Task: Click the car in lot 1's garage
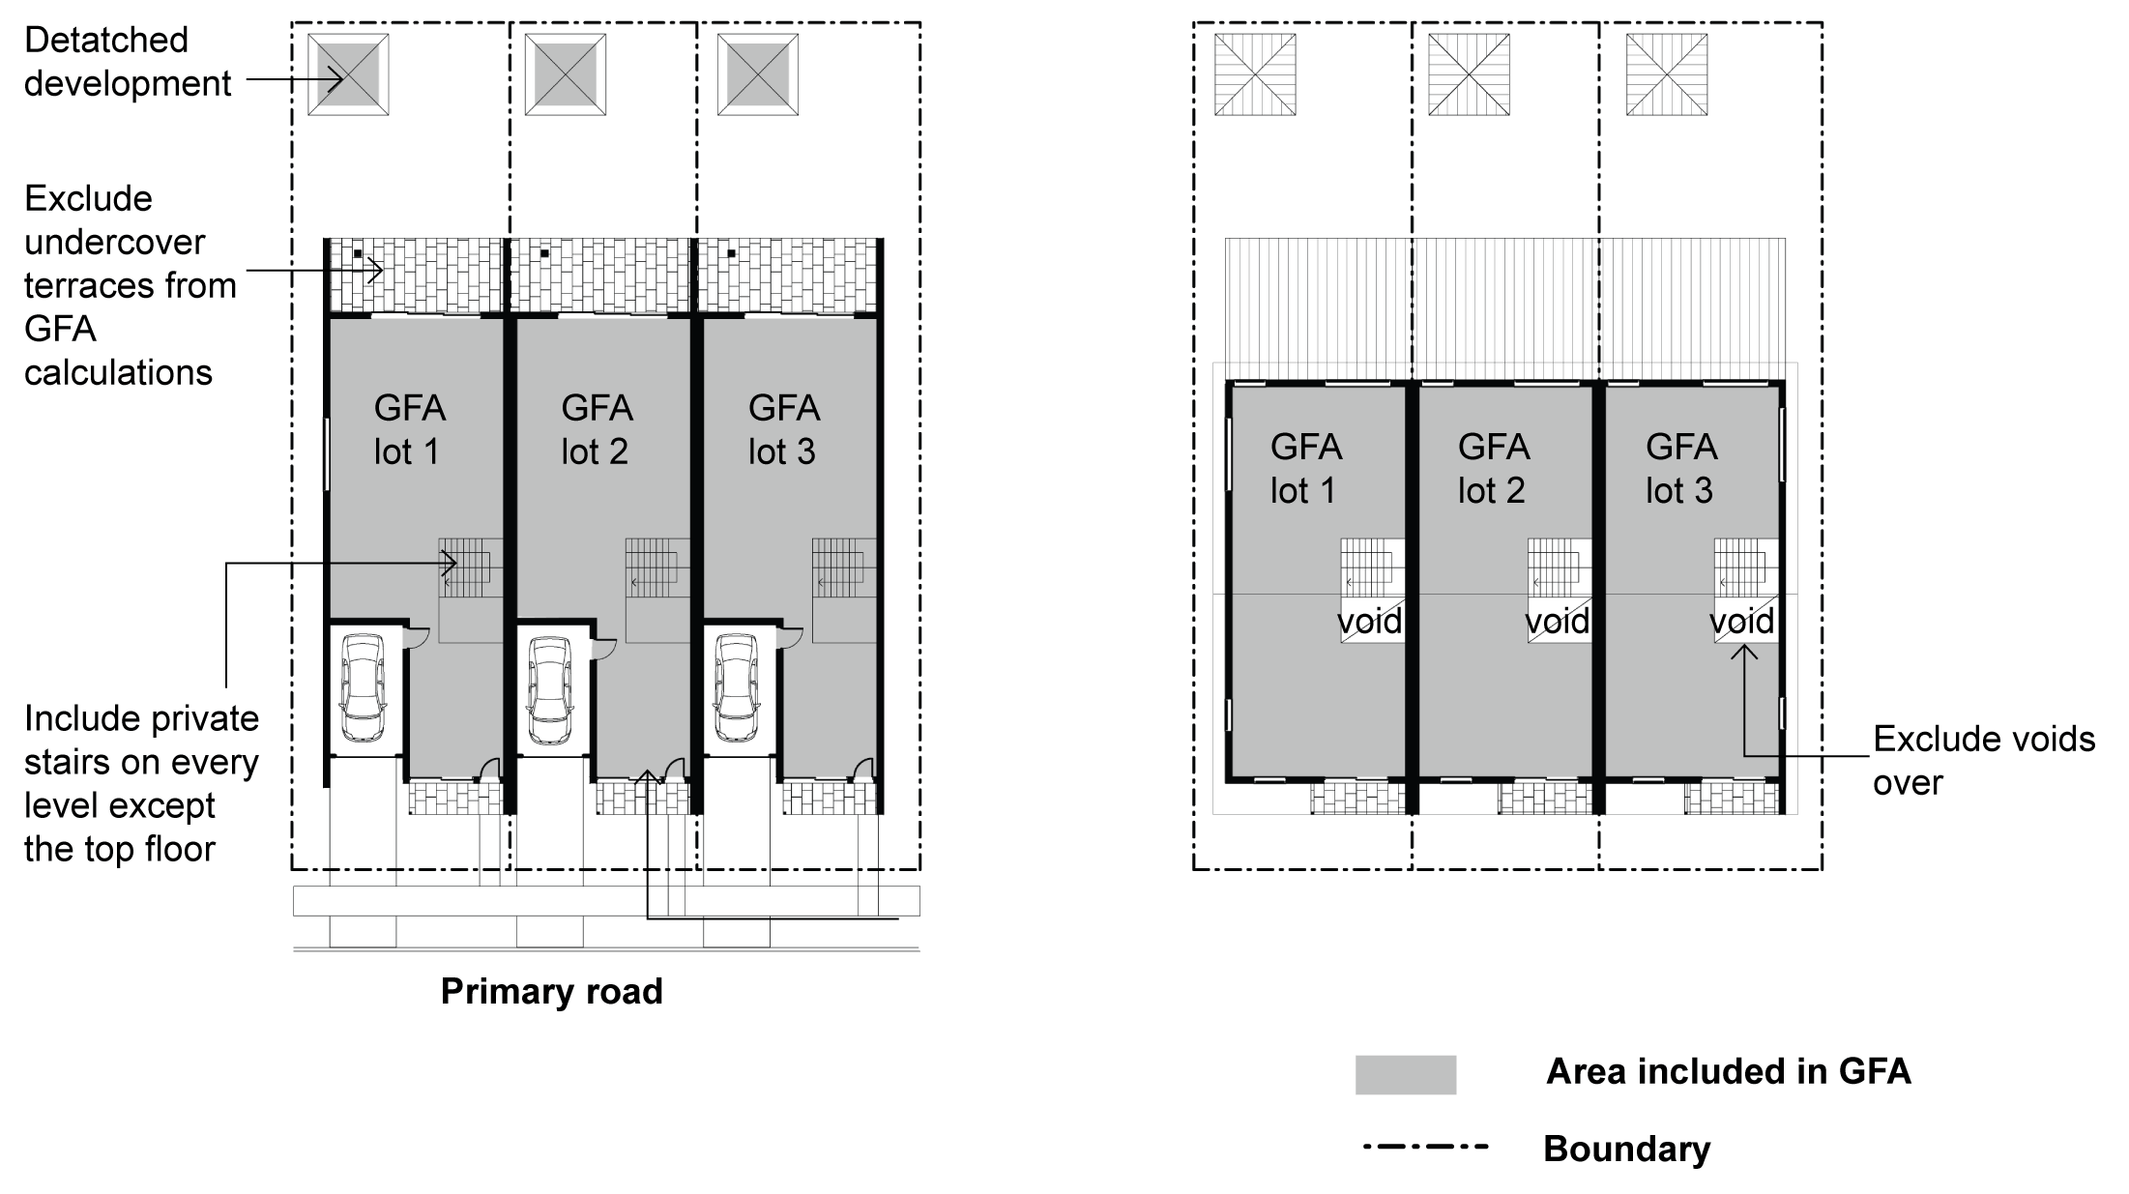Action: (x=363, y=687)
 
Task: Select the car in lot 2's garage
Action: (x=549, y=687)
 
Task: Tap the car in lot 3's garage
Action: (x=736, y=687)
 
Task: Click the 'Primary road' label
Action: (x=551, y=992)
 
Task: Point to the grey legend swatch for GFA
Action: (x=1405, y=1074)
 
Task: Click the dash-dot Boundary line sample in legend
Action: (x=1425, y=1148)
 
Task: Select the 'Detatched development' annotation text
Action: (x=128, y=62)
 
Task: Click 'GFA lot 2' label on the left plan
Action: (x=597, y=429)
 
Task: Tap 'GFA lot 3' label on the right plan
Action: (x=1681, y=468)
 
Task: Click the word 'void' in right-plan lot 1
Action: (x=1369, y=621)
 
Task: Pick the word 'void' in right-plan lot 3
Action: (x=1742, y=621)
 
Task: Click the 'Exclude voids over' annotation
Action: (x=1982, y=761)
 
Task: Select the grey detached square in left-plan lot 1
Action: (x=348, y=74)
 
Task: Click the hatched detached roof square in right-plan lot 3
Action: (x=1667, y=74)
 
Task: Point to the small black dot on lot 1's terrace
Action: (x=358, y=254)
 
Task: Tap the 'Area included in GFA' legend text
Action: (x=1728, y=1071)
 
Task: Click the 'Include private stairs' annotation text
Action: (x=141, y=783)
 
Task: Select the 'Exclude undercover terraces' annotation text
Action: (x=130, y=285)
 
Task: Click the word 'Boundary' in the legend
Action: (x=1626, y=1149)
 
